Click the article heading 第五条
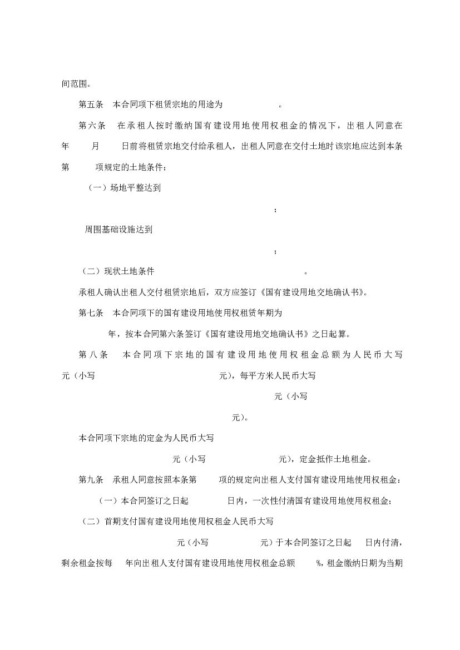pyautogui.click(x=91, y=105)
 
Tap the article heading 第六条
pyautogui.click(x=91, y=126)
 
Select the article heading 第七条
pyautogui.click(x=91, y=313)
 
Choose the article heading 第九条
pyautogui.click(x=91, y=479)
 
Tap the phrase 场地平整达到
pyautogui.click(x=132, y=188)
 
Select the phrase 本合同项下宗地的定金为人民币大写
pyautogui.click(x=146, y=438)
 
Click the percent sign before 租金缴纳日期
pyautogui.click(x=319, y=563)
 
